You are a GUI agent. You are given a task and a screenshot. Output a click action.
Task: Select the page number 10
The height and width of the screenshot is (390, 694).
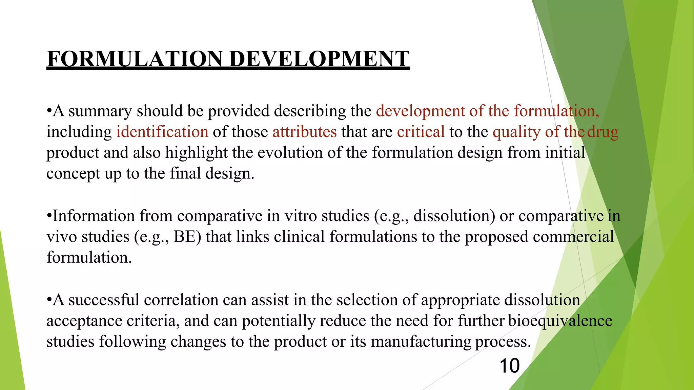[509, 366]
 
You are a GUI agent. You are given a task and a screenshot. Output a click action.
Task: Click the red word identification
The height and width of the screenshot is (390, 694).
[162, 132]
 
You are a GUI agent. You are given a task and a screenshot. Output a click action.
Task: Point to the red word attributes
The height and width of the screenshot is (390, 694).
[304, 132]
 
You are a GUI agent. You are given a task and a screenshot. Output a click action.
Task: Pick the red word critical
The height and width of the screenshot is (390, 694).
[421, 132]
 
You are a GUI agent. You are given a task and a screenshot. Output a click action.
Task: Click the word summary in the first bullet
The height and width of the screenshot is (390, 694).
[100, 111]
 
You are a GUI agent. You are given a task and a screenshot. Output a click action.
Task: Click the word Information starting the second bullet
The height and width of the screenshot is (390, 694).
[94, 216]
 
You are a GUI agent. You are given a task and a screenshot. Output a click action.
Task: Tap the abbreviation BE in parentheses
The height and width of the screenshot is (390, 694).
[184, 237]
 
